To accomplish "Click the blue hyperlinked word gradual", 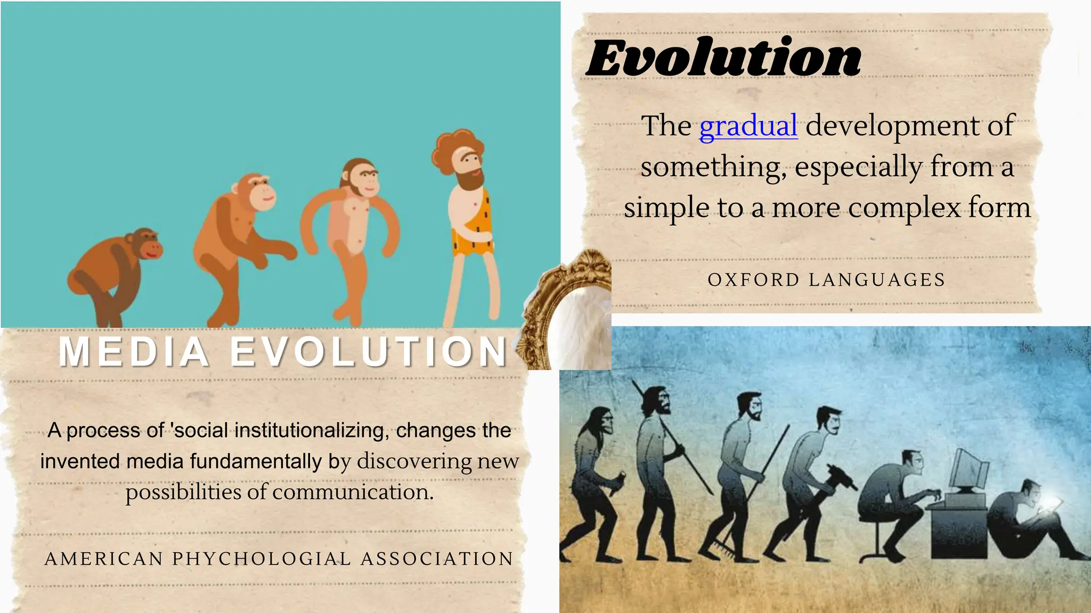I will pyautogui.click(x=748, y=127).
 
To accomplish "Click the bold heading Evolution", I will pyautogui.click(x=724, y=59).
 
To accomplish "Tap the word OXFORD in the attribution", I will pyautogui.click(x=753, y=280).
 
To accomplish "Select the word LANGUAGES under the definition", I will pyautogui.click(x=877, y=280).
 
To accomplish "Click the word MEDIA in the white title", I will pyautogui.click(x=134, y=352).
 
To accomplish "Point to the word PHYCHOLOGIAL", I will pyautogui.click(x=262, y=559).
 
